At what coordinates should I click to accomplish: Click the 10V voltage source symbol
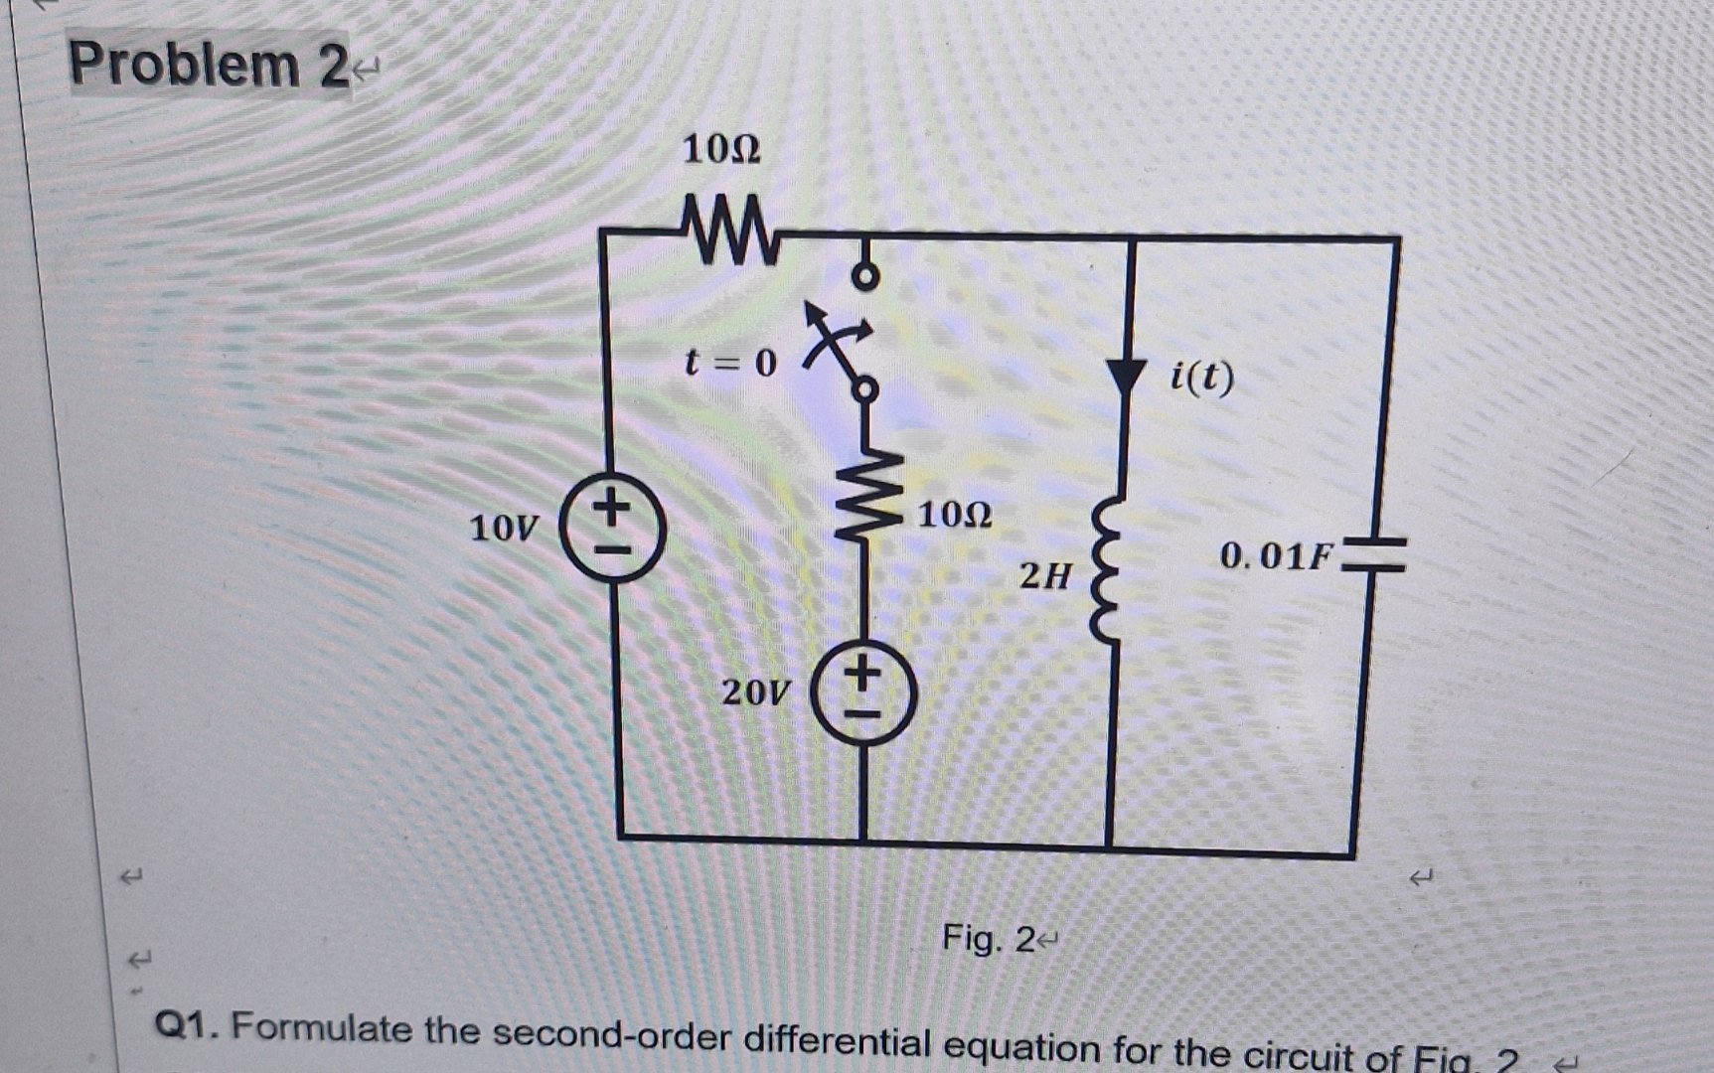coord(613,527)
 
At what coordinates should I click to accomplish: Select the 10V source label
coord(504,528)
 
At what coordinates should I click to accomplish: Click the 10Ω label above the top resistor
coord(721,150)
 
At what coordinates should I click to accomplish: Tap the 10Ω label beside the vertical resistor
coord(954,515)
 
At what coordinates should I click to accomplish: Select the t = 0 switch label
coord(730,363)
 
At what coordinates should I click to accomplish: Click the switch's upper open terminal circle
coord(865,276)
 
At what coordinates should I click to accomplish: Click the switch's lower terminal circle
coord(865,389)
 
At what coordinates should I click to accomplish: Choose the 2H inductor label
coord(1045,575)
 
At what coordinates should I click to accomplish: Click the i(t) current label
coord(1201,377)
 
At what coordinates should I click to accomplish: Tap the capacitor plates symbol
coord(1375,555)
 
